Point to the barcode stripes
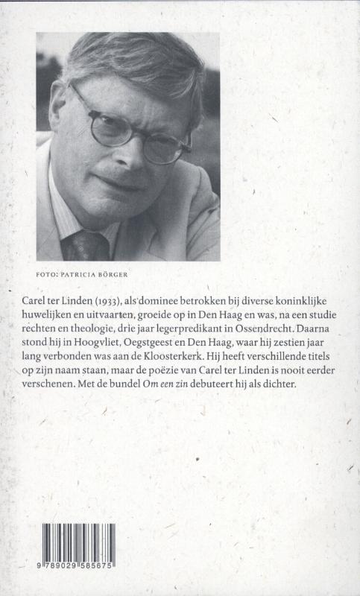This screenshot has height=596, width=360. click(78, 545)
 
